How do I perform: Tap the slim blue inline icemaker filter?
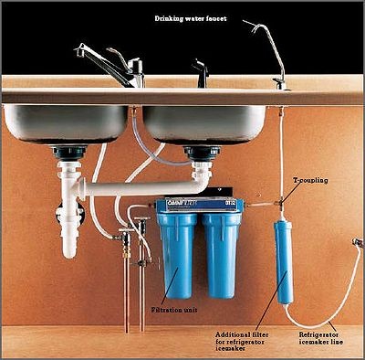click(x=283, y=260)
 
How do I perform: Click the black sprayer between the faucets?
click(x=200, y=72)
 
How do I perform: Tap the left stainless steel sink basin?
click(x=64, y=123)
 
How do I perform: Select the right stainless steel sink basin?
click(x=204, y=123)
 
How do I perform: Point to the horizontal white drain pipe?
click(x=137, y=186)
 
